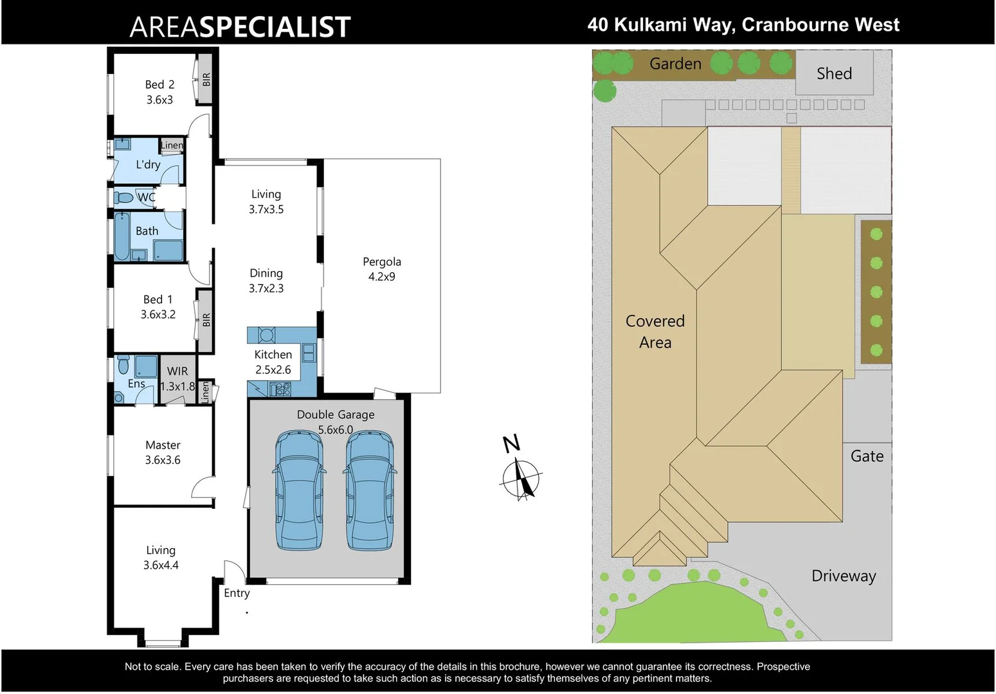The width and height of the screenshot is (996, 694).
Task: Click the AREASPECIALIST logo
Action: pos(240,27)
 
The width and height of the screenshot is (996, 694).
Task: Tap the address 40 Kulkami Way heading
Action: pos(743,25)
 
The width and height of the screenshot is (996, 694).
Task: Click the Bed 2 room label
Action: pos(159,92)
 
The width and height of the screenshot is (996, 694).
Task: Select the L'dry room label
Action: pos(148,165)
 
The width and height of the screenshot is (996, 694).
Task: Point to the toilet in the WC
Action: pos(123,197)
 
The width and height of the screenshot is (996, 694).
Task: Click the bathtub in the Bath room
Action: pos(122,236)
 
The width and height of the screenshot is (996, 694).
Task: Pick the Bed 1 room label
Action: pos(158,307)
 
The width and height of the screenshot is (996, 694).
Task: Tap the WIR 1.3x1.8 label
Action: pos(177,378)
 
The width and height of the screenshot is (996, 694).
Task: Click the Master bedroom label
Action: pos(163,452)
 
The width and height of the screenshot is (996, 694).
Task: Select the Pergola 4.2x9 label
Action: pos(382,269)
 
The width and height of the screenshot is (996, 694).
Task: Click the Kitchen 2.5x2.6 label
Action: pos(273,362)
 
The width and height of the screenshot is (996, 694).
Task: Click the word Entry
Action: pos(237,593)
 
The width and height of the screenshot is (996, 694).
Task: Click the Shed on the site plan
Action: pos(834,73)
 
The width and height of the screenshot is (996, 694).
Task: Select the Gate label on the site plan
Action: pos(867,456)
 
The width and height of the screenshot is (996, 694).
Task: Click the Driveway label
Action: pos(844,576)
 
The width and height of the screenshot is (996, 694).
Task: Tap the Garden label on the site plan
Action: pos(675,64)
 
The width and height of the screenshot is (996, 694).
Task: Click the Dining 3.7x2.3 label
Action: pos(266,281)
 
